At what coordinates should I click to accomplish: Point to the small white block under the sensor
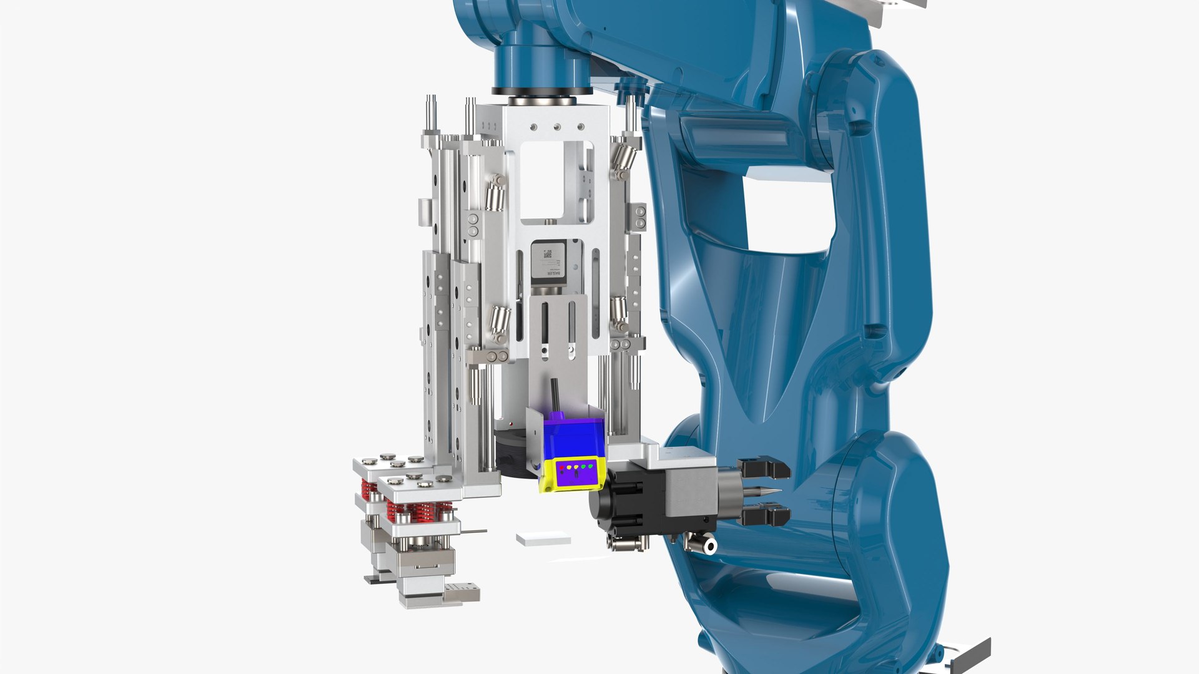point(543,539)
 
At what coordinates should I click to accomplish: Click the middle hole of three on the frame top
point(556,127)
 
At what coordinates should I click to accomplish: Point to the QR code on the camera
point(548,254)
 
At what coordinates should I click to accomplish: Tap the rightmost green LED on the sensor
point(590,466)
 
